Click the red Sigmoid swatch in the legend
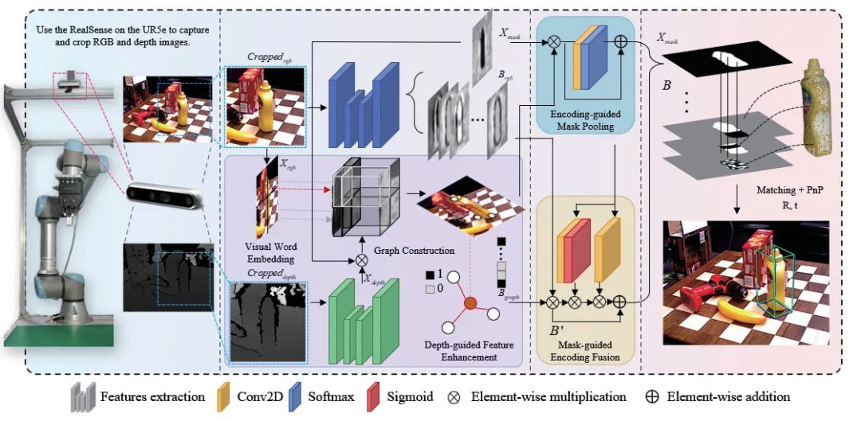pyautogui.click(x=374, y=396)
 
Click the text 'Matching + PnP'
pyautogui.click(x=787, y=190)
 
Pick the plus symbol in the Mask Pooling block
pyautogui.click(x=621, y=41)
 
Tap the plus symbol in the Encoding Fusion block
pyautogui.click(x=619, y=301)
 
